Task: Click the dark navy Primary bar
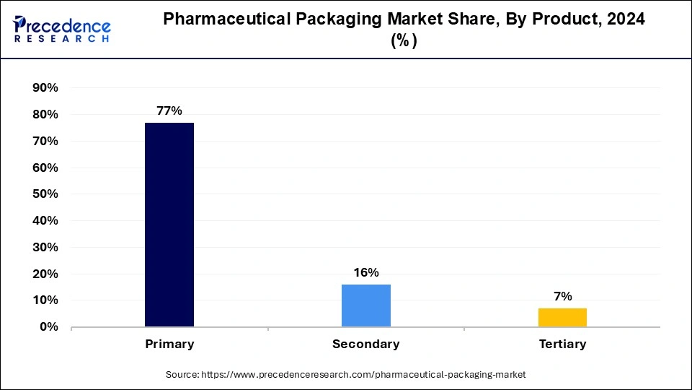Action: click(169, 225)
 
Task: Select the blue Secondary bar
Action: click(366, 305)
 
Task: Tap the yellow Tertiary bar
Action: click(562, 318)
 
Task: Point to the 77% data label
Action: click(169, 111)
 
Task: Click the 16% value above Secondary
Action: click(366, 273)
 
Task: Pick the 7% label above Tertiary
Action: click(562, 297)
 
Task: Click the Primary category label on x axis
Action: click(169, 344)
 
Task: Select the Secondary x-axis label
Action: click(366, 344)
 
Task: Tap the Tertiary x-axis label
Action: click(562, 344)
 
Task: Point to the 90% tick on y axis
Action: click(44, 88)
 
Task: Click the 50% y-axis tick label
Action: click(44, 194)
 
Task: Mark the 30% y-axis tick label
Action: click(44, 248)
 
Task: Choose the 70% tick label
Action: click(44, 142)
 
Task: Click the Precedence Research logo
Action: click(62, 29)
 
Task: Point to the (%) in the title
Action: click(404, 41)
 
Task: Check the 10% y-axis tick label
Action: click(44, 300)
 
